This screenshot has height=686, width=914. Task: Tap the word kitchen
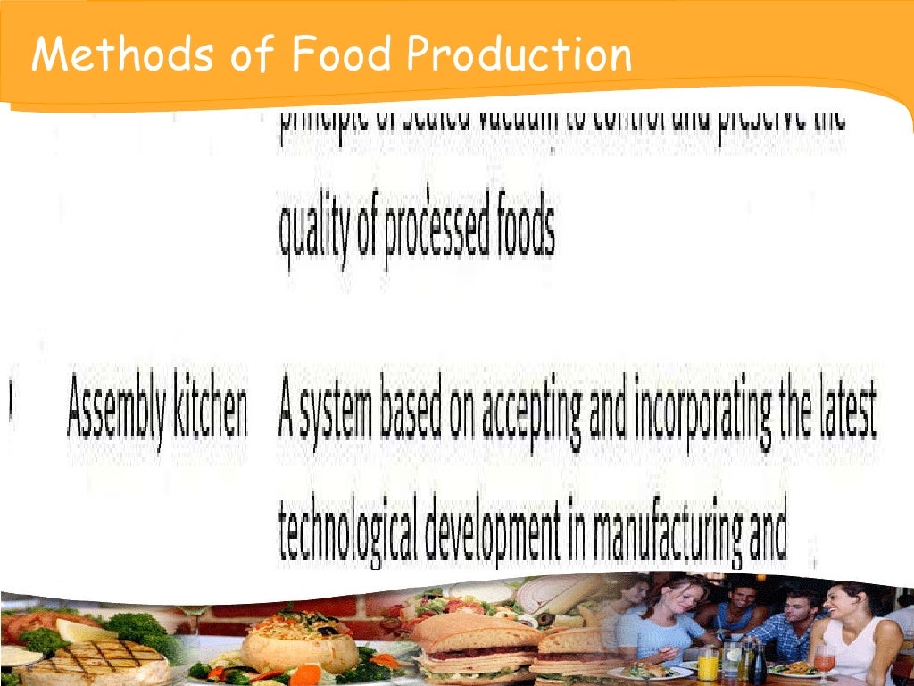click(x=213, y=411)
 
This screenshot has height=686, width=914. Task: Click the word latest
click(x=843, y=411)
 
